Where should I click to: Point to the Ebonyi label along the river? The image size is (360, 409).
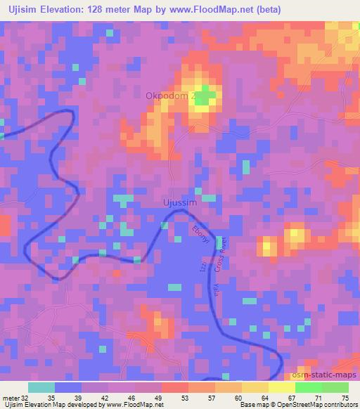coord(200,236)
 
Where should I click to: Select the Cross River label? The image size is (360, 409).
coord(218,261)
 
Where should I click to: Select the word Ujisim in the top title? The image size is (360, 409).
coord(22,10)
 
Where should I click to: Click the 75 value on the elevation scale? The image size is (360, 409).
coord(345,397)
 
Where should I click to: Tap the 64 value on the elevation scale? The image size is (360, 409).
coord(266,397)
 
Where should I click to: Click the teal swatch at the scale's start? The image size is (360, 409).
coord(41,387)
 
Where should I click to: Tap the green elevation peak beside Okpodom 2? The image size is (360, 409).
coord(202,100)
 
